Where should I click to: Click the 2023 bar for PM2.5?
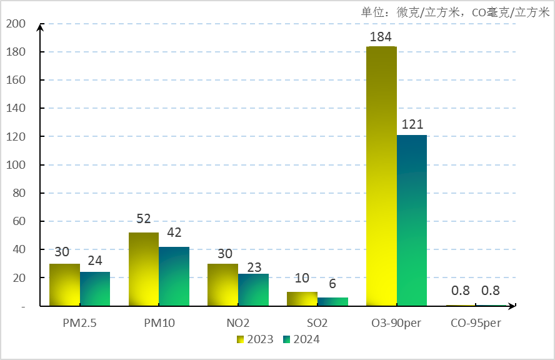65,285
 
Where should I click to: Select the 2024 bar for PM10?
174,276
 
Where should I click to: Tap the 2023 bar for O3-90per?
381,176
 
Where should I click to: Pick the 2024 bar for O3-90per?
412,220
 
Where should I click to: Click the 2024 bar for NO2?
253,290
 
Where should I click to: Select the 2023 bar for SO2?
302,299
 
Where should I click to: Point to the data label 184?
381,36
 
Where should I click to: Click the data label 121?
412,124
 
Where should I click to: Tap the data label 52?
144,219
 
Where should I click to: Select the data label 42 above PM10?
174,232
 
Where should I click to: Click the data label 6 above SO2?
332,284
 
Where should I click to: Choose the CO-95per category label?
476,323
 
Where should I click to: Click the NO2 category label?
238,323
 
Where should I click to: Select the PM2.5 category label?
79,323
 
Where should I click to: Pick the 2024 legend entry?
301,339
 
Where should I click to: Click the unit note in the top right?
455,12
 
